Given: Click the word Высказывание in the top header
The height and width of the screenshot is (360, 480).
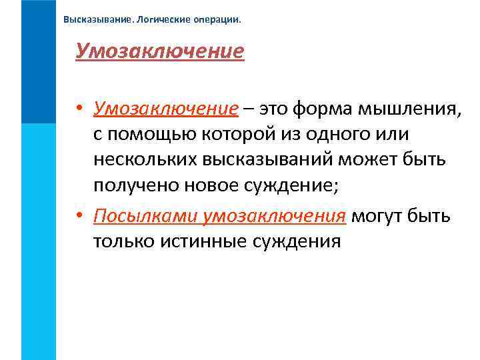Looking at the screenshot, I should coord(97,19).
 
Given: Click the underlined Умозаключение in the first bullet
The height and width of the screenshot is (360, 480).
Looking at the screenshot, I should coord(165,109).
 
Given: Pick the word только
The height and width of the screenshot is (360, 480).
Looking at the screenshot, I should coord(123,241).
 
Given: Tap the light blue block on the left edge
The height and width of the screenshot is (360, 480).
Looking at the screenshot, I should coord(38,240).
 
